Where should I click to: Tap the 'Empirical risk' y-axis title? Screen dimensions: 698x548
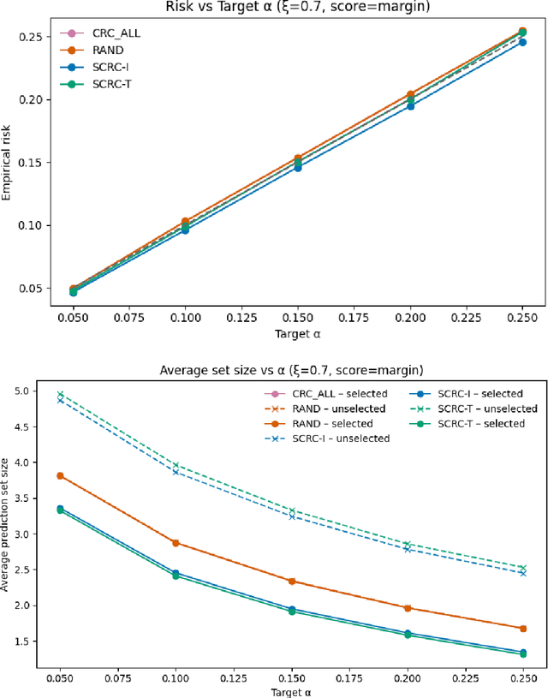pyautogui.click(x=7, y=161)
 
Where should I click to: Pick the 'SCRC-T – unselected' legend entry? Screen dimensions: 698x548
pyautogui.click(x=477, y=409)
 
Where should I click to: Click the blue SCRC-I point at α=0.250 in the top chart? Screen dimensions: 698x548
pyautogui.click(x=522, y=42)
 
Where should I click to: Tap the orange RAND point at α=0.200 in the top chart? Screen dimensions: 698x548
pyautogui.click(x=411, y=94)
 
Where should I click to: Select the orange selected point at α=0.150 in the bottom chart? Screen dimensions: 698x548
pyautogui.click(x=293, y=581)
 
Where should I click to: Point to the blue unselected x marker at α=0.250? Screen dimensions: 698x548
pyautogui.click(x=522, y=573)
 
